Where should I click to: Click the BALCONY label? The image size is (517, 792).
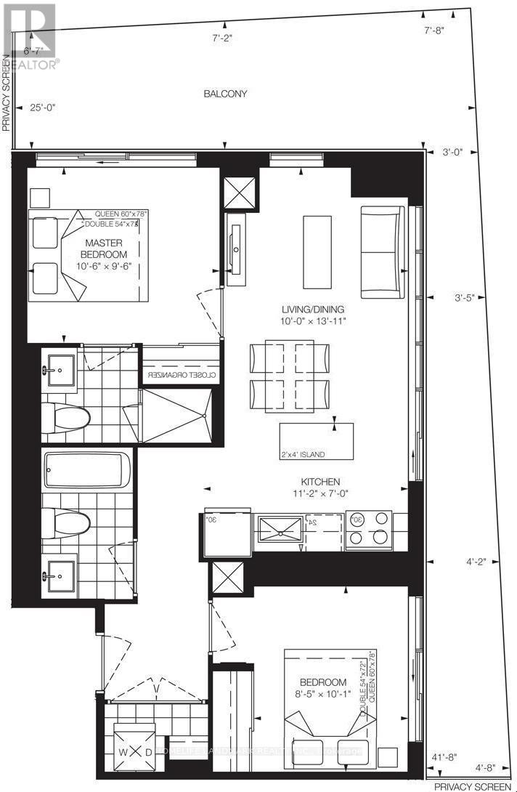click(225, 94)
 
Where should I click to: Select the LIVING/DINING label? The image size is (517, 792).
click(314, 309)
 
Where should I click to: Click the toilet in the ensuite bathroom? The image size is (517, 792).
click(65, 416)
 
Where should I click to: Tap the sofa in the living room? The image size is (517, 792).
click(382, 252)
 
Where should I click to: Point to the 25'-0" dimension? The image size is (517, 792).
click(43, 107)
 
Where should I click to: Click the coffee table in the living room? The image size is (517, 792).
click(317, 251)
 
